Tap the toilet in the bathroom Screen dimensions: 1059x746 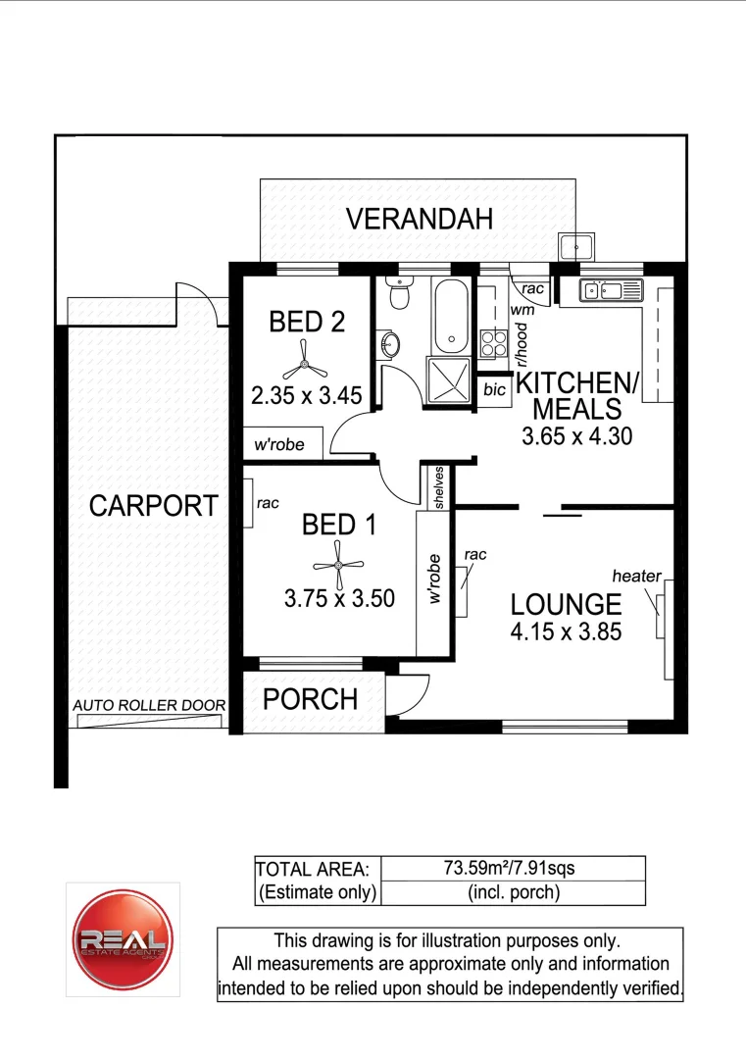[399, 294]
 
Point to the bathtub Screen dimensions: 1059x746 [452, 317]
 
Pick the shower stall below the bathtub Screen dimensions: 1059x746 [450, 381]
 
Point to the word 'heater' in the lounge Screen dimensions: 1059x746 [637, 576]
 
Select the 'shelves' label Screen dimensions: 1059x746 [440, 487]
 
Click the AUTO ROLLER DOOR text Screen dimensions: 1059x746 [149, 705]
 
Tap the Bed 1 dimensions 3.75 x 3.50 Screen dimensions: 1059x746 [339, 597]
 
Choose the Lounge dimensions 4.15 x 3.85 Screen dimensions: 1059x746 [566, 632]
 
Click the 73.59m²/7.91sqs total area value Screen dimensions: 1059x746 [511, 868]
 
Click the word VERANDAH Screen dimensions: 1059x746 [419, 221]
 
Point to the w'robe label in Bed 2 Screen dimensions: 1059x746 [280, 444]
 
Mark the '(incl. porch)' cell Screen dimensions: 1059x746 [511, 892]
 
